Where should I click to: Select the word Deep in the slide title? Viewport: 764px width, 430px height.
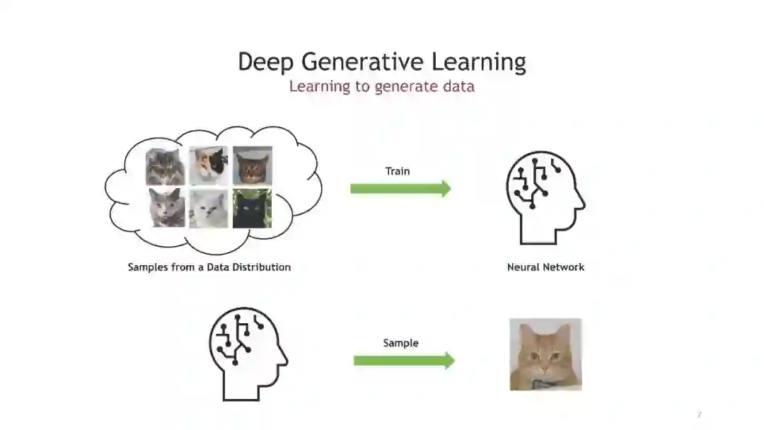coord(266,63)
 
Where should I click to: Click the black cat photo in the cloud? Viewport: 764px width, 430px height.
coord(252,208)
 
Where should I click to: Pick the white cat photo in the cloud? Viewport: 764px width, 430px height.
coord(208,208)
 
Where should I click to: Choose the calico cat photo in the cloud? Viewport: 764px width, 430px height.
coord(208,165)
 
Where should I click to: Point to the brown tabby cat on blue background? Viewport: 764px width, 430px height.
coord(252,165)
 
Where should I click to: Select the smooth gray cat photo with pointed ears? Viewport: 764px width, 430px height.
coord(166,208)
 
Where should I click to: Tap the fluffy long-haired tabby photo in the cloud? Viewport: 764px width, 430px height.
coord(166,165)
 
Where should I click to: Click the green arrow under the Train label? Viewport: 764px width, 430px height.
coord(400,188)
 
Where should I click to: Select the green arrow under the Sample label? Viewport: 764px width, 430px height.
coord(404,361)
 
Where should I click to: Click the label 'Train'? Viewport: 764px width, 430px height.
coord(397,171)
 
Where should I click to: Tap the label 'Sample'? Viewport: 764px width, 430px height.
coord(400,343)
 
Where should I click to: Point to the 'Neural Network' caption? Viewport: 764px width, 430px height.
coord(545,267)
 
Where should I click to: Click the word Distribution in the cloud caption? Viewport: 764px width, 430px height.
coord(257,267)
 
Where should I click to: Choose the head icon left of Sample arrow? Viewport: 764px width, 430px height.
coord(248,354)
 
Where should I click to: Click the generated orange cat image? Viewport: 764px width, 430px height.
coord(545,354)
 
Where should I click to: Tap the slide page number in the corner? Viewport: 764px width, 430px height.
coord(699,414)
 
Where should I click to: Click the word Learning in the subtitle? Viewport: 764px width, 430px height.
coord(320,86)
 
